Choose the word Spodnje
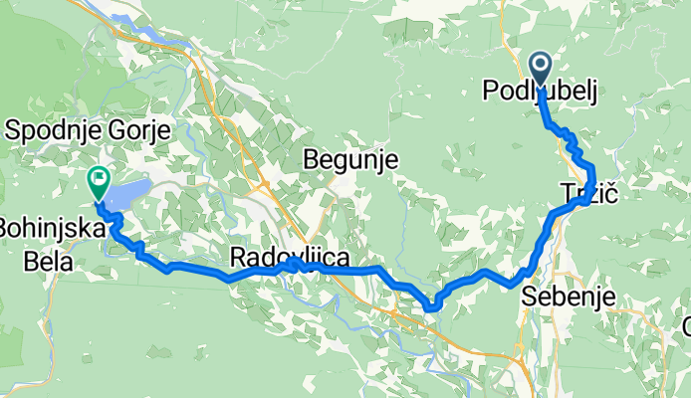coord(50,129)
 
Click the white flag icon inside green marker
coord(99,180)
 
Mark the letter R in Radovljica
coord(238,259)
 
